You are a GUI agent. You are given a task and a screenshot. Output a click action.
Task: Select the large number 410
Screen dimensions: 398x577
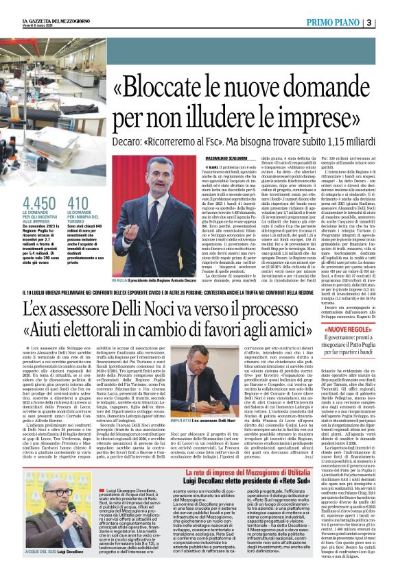[x=80, y=204]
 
